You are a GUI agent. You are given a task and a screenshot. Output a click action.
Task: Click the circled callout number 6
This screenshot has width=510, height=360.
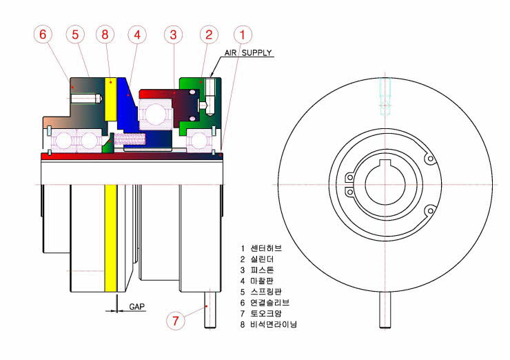43,34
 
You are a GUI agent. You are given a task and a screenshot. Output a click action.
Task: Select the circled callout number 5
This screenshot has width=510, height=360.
75,34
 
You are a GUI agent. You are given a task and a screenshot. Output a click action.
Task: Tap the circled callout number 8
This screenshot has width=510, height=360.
105,34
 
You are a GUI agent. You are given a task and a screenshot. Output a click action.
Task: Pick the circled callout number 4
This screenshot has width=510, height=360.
137,34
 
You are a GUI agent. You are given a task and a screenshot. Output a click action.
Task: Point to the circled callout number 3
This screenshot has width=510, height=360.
174,34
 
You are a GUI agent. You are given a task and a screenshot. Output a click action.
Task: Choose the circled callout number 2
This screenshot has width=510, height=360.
209,34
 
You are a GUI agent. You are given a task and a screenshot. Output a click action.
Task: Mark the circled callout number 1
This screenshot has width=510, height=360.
243,34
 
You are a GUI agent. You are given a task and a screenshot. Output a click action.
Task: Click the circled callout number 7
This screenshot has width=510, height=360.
176,321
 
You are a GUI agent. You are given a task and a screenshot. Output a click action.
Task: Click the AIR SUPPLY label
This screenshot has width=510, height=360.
248,52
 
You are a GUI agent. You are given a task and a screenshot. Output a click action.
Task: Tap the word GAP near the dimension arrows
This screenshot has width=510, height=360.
137,307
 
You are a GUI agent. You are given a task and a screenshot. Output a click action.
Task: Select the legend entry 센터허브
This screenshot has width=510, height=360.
266,248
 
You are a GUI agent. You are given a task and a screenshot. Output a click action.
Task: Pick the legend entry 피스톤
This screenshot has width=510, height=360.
262,270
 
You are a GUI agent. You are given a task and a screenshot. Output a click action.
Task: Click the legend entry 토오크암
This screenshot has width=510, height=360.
266,314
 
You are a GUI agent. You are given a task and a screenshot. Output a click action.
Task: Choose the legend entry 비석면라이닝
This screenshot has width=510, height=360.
274,324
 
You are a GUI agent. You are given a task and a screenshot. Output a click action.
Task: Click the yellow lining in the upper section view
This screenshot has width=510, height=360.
110,99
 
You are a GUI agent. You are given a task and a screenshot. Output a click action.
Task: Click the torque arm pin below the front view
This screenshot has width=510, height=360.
385,310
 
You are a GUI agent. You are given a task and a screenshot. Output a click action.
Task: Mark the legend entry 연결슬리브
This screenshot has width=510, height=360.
269,302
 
